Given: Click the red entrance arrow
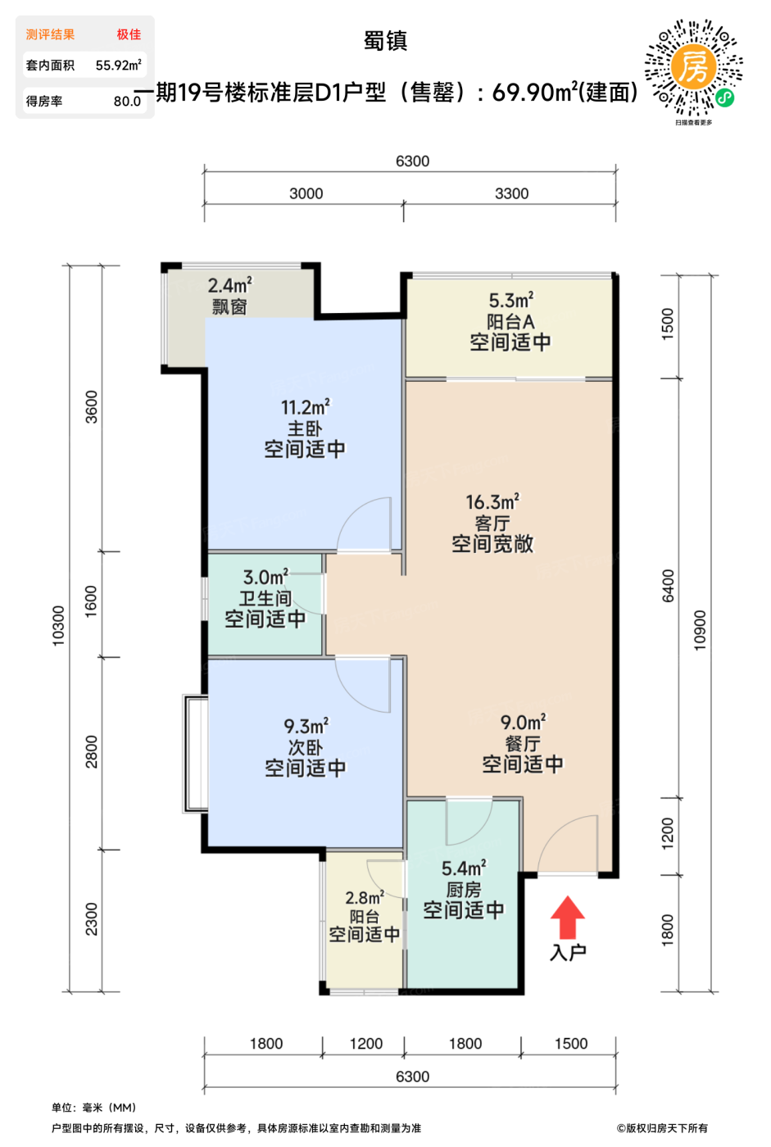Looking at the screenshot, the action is pos(567,917).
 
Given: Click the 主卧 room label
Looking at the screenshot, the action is pos(305,428).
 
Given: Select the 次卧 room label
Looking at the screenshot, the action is pos(305,747).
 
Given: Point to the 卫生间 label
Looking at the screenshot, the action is pos(265,598).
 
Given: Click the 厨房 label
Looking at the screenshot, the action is pos(463,890).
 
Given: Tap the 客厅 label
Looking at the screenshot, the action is pos(492,523).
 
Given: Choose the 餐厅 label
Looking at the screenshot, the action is pos(523,744).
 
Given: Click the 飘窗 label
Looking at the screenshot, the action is pos(229,306).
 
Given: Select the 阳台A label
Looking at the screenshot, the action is pos(510,321).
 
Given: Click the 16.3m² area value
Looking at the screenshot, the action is pos(492,501).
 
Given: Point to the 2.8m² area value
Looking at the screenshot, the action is pos(364,898).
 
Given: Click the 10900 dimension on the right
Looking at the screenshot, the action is pos(700,630).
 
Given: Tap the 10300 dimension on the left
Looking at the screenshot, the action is pos(58,625).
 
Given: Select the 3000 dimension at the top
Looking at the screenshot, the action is pos(306,193).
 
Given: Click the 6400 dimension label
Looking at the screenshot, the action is pos(668,586).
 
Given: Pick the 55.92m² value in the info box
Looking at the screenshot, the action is pos(118,65).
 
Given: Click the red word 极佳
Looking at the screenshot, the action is pos(129,34).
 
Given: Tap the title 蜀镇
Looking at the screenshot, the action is pos(385,41).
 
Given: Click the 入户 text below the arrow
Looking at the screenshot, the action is pos(568,952).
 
